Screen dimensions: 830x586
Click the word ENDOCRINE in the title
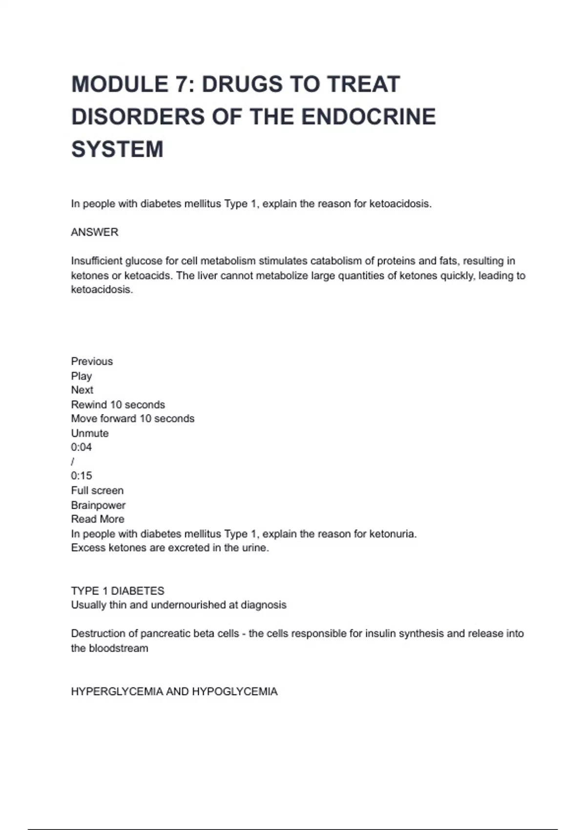pyautogui.click(x=368, y=117)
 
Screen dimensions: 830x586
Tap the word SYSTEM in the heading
pyautogui.click(x=117, y=149)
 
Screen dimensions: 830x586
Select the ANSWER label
pyautogui.click(x=95, y=232)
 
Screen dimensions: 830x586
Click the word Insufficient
pyautogui.click(x=96, y=261)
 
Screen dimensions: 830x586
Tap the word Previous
pyautogui.click(x=92, y=361)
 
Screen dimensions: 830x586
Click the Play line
pyautogui.click(x=81, y=376)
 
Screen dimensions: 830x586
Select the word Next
pyautogui.click(x=82, y=390)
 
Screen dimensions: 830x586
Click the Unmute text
pyautogui.click(x=90, y=433)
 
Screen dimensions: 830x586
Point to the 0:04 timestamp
pyautogui.click(x=81, y=447)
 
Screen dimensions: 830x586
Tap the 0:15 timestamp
pyautogui.click(x=81, y=476)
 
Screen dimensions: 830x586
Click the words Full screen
pyautogui.click(x=97, y=491)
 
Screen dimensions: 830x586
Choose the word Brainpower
pyautogui.click(x=98, y=505)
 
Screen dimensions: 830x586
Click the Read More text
pyautogui.click(x=98, y=519)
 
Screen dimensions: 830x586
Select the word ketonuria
pyautogui.click(x=393, y=534)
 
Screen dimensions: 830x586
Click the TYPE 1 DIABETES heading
pyautogui.click(x=118, y=591)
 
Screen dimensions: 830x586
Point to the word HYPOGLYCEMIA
pyautogui.click(x=234, y=692)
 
